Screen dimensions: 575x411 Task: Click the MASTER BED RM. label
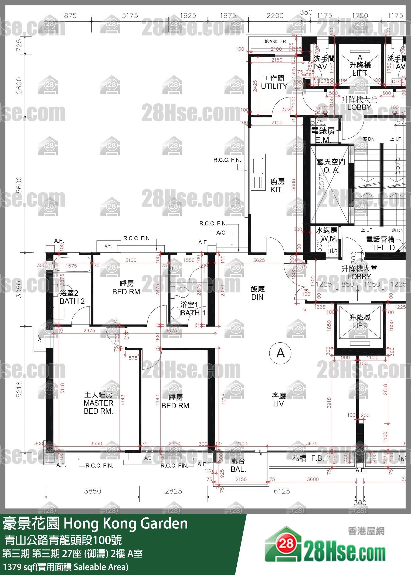tap(98, 403)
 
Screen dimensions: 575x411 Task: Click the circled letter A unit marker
tap(280, 353)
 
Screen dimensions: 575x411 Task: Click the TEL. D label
tap(383, 248)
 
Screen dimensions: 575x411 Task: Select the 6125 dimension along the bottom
tap(282, 491)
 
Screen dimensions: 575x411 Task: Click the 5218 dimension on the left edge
tap(19, 389)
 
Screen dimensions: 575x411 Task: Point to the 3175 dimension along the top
tap(130, 16)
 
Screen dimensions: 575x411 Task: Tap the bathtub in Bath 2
tap(72, 264)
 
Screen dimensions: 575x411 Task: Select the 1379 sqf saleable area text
tap(66, 567)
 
